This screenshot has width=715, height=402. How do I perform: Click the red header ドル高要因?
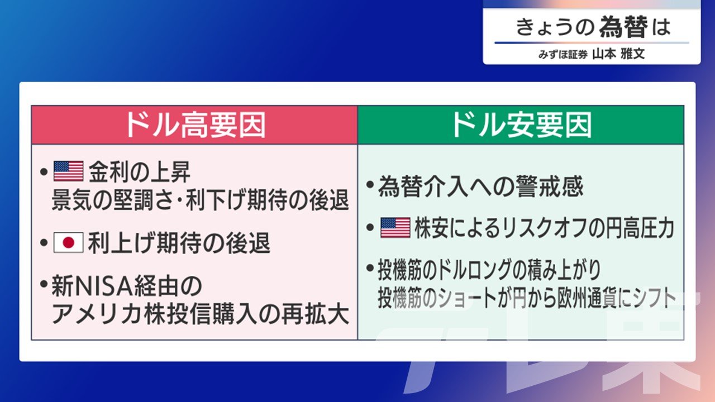pyautogui.click(x=195, y=125)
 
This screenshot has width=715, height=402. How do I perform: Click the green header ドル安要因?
pyautogui.click(x=521, y=125)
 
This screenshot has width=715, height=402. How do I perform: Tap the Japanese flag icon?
pyautogui.click(x=68, y=243)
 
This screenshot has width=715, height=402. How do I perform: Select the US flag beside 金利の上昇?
pyautogui.click(x=68, y=171)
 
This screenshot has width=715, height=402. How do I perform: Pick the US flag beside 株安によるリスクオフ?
pyautogui.click(x=395, y=228)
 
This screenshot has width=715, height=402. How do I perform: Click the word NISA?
pyautogui.click(x=103, y=286)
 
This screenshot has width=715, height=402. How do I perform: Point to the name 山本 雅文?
pyautogui.click(x=618, y=54)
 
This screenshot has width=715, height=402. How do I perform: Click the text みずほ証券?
pyautogui.click(x=563, y=55)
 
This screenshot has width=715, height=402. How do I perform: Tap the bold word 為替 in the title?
pyautogui.click(x=623, y=27)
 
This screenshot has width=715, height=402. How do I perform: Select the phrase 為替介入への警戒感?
pyautogui.click(x=480, y=186)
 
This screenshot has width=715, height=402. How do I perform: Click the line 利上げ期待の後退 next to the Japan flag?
pyautogui.click(x=179, y=243)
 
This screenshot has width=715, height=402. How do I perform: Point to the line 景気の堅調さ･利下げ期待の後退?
pyautogui.click(x=200, y=200)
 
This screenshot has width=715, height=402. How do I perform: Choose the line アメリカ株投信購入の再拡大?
pyautogui.click(x=200, y=314)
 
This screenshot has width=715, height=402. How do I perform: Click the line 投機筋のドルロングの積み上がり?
pyautogui.click(x=490, y=270)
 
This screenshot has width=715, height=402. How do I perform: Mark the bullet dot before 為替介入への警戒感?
pyautogui.click(x=370, y=185)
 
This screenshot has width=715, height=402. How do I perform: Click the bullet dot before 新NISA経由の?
pyautogui.click(x=44, y=284)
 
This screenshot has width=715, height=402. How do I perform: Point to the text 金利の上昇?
pyautogui.click(x=140, y=171)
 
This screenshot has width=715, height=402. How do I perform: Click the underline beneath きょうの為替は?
pyautogui.click(x=592, y=42)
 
